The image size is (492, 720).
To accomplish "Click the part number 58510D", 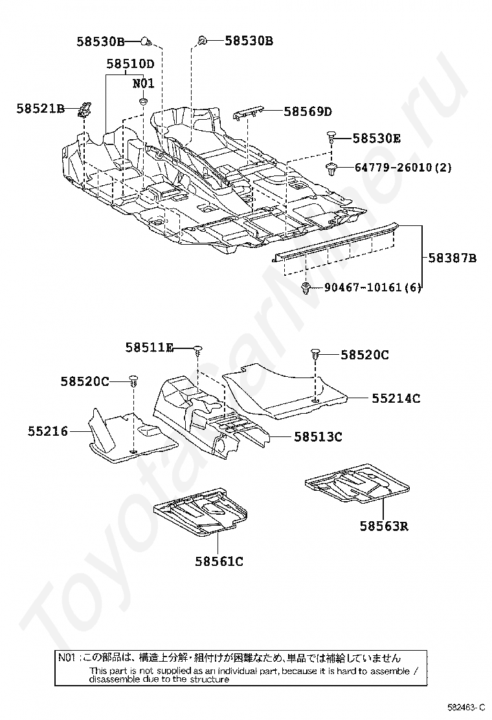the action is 130,63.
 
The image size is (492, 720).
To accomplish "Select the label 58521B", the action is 40,109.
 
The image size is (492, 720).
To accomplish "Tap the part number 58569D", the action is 307,111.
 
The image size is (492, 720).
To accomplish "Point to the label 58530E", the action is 377,139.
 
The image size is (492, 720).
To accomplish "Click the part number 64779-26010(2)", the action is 403,168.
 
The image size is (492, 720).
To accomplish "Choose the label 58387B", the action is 452,258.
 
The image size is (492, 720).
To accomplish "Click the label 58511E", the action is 150,348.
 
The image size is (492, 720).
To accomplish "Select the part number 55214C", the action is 396,398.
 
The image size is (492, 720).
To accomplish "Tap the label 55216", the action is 47,430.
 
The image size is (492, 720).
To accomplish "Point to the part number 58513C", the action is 318,437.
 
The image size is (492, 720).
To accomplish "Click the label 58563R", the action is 384,526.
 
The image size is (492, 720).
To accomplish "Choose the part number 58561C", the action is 219,561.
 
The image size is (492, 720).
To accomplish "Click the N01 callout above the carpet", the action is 143,83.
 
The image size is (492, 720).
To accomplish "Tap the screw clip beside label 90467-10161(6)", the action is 306,288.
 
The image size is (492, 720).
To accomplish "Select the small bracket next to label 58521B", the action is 84,109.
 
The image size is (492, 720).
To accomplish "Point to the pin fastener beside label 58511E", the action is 197,350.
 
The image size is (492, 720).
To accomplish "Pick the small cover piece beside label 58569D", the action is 248,113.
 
